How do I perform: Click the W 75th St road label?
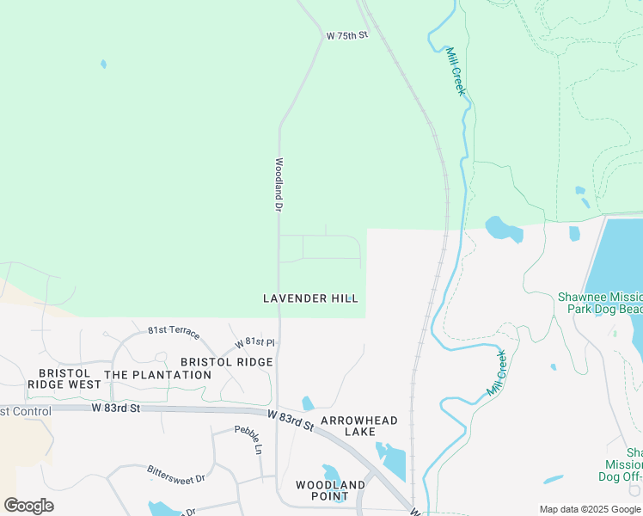pos(346,35)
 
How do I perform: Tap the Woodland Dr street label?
pos(279,184)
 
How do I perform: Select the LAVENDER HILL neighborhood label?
pos(310,298)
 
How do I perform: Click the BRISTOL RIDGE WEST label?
pos(64,378)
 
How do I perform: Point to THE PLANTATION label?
pos(157,375)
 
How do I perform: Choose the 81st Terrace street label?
pos(174,331)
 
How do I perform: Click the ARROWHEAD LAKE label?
pos(359,426)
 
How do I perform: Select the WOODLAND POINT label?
pos(330,491)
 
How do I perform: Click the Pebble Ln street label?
pos(248,439)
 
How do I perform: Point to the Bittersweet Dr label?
pos(176,473)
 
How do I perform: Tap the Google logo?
pos(28,506)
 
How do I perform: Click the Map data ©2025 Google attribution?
pos(590,509)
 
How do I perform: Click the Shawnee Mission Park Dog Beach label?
pos(599,302)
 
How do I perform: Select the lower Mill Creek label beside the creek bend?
pos(498,372)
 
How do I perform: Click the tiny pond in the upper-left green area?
pos(103,64)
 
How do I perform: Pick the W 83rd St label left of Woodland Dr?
pos(115,408)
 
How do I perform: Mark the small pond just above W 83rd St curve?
pos(308,403)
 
